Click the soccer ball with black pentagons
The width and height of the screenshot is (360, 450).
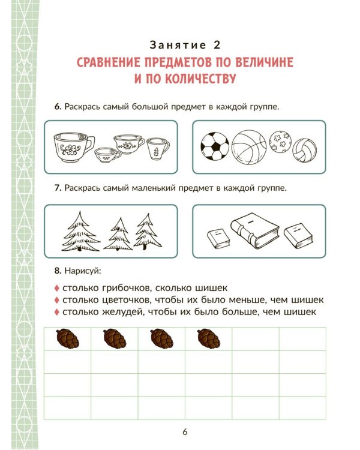[x=215, y=146]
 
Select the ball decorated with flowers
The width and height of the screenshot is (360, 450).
[x=280, y=142]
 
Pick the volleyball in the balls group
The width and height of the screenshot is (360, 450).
[x=305, y=151]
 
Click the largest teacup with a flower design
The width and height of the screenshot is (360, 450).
[x=73, y=146]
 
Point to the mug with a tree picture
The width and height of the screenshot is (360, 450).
[x=158, y=149]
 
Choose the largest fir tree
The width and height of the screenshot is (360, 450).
[x=80, y=232]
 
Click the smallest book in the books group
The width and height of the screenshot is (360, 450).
[x=218, y=238]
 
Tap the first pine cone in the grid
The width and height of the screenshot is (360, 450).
[x=68, y=338]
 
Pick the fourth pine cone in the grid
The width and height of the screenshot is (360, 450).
[x=209, y=338]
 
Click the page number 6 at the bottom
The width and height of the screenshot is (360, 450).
[x=185, y=432]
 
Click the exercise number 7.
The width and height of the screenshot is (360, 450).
[x=58, y=188]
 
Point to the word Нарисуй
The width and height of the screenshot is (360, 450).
[x=83, y=271]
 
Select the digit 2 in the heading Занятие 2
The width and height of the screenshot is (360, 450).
[x=217, y=45]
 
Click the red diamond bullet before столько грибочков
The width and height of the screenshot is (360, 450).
[x=57, y=288]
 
